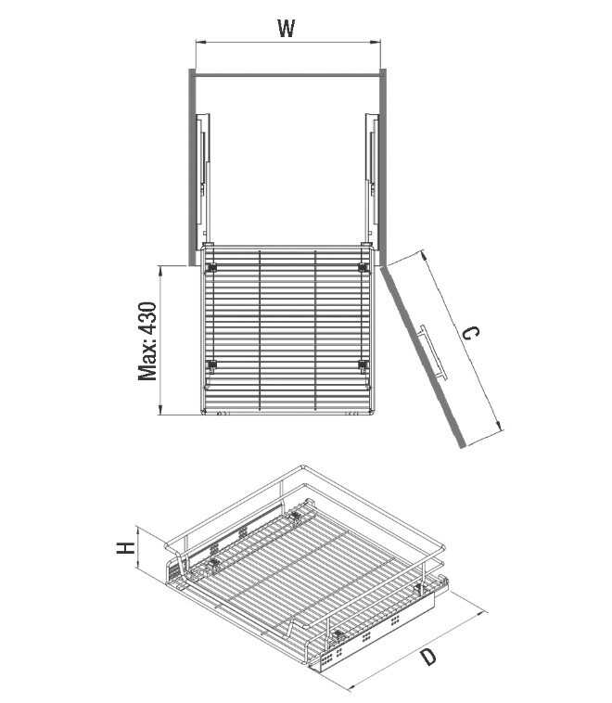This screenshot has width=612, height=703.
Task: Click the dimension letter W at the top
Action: point(286,28)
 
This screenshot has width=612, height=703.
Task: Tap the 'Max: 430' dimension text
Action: point(147,341)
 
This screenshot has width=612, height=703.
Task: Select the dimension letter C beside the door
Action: point(471,333)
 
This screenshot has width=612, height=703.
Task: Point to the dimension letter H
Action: point(125,547)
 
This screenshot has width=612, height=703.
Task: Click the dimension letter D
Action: point(428,658)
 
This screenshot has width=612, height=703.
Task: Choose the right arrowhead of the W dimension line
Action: point(376,43)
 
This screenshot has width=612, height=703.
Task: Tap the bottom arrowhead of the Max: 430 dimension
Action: point(160,409)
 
